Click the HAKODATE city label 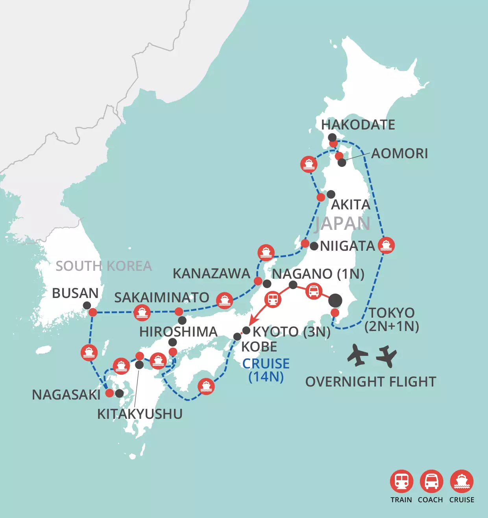click(358, 125)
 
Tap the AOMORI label click(399, 154)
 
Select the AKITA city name click(351, 205)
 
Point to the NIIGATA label click(348, 246)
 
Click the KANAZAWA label click(211, 274)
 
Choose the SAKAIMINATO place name click(161, 298)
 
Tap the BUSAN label click(75, 293)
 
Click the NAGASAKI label click(66, 395)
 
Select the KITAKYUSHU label click(140, 414)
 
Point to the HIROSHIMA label click(178, 332)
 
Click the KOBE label click(259, 347)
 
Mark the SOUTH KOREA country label click(104, 266)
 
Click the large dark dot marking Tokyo click(335, 301)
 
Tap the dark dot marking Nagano click(293, 285)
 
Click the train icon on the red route click(273, 299)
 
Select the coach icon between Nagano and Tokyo click(314, 291)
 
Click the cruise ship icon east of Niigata click(386, 246)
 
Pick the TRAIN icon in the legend click(401, 481)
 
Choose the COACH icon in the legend click(431, 481)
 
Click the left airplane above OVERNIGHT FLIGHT click(357, 355)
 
